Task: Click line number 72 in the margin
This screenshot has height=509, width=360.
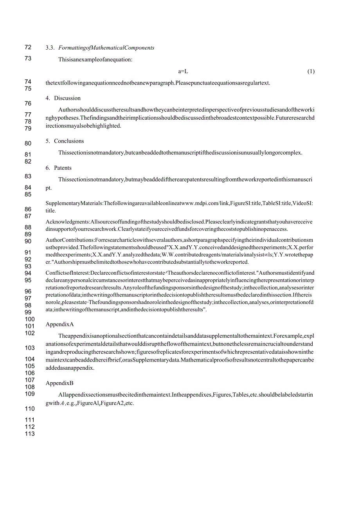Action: coord(28,47)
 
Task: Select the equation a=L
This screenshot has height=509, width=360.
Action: coord(183,71)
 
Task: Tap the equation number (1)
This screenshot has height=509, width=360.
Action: coord(311,71)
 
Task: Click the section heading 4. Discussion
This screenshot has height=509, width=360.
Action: coord(63,98)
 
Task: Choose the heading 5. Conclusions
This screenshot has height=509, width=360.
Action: coord(65,141)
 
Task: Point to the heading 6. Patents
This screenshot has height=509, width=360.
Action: coord(58,168)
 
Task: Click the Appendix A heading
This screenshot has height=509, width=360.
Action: coord(59,324)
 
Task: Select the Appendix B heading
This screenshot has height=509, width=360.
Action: coord(59,383)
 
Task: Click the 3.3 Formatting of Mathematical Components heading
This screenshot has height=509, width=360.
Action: coord(100,48)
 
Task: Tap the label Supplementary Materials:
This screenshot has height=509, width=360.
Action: coord(74,203)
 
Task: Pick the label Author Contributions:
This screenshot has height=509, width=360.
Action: coord(69,240)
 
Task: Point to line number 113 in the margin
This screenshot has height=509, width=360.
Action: coord(30,433)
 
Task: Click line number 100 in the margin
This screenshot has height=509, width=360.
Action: coord(30,319)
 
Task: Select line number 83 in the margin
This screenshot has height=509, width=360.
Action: coord(28,176)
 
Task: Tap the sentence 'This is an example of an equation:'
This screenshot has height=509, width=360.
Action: coord(95,60)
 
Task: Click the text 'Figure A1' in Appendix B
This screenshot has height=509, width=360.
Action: coord(89,403)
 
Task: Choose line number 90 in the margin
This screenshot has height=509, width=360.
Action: coord(28,241)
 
